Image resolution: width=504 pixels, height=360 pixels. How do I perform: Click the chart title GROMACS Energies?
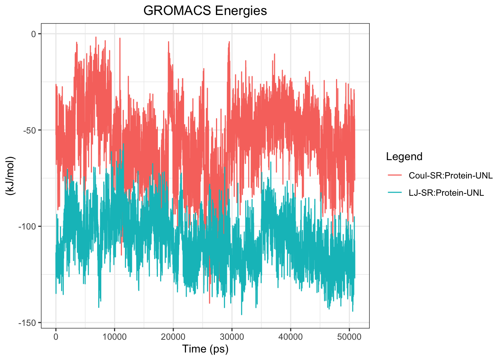click(x=205, y=11)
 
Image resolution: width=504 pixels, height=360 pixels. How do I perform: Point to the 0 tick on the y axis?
click(x=33, y=34)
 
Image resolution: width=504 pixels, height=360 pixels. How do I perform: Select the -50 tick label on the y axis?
click(x=29, y=130)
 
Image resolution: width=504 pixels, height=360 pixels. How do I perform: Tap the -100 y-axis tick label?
click(x=27, y=226)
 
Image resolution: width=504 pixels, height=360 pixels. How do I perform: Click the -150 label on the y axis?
click(x=27, y=323)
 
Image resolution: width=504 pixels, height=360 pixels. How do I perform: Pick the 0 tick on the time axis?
click(x=56, y=337)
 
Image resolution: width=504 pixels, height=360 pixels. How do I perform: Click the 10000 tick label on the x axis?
click(x=114, y=337)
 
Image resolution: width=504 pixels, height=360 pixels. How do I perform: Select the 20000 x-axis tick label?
click(x=173, y=337)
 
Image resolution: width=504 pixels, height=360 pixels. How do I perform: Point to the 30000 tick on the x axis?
click(x=232, y=337)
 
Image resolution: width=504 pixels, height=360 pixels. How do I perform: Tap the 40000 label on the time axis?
click(x=290, y=337)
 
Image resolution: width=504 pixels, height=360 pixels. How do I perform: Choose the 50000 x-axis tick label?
click(x=349, y=337)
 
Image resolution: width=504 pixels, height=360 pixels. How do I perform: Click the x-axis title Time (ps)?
click(x=205, y=349)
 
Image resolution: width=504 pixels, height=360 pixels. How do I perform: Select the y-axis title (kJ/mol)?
click(x=10, y=175)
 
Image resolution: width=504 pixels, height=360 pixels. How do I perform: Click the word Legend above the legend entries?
click(x=404, y=157)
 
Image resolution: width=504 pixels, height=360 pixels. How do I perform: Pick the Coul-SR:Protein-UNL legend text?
click(x=450, y=175)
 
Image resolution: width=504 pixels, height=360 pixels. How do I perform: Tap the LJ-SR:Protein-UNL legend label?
click(x=446, y=193)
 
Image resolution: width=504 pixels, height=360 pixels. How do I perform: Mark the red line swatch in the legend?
click(x=394, y=175)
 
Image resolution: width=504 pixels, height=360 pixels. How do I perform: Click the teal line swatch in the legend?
click(x=394, y=193)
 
